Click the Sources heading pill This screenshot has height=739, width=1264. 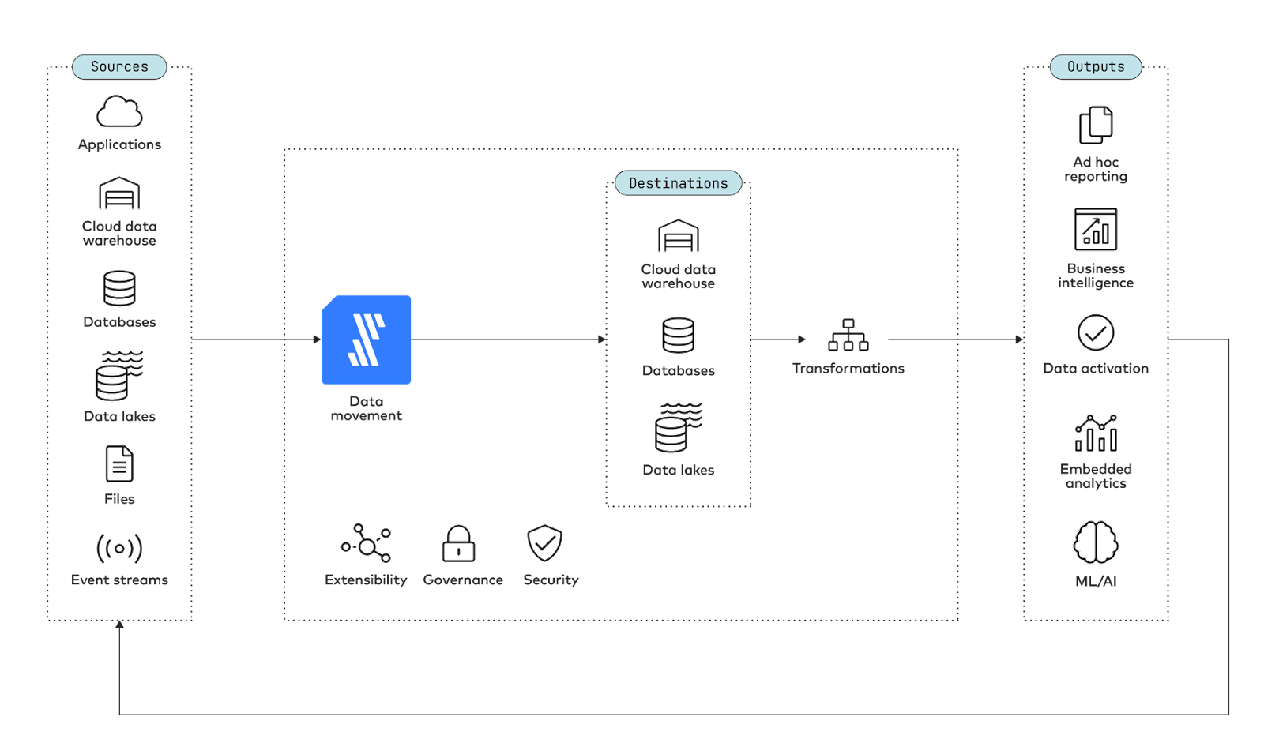[119, 67]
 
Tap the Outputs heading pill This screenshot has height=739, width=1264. [1096, 67]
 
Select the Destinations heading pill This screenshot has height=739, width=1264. [678, 183]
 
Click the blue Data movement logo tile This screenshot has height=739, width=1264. [367, 339]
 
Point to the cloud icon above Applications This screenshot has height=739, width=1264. [119, 111]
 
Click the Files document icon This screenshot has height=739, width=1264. [119, 463]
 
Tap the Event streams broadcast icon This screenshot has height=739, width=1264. [119, 548]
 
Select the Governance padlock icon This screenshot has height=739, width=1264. [459, 544]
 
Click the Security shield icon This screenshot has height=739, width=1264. [544, 543]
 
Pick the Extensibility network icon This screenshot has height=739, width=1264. [367, 543]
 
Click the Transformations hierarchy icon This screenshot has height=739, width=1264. [848, 335]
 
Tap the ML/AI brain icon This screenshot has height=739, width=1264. [1096, 542]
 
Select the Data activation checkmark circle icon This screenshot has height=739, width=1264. [1096, 332]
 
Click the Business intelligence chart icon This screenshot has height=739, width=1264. [1096, 229]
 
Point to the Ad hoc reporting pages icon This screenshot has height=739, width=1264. [1096, 126]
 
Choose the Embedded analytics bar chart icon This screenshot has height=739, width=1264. [1096, 433]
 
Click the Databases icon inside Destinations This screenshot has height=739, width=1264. [679, 336]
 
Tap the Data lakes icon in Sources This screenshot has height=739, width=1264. [119, 377]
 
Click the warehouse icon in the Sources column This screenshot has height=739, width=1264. [119, 193]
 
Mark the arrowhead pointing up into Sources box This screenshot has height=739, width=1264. [119, 625]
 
